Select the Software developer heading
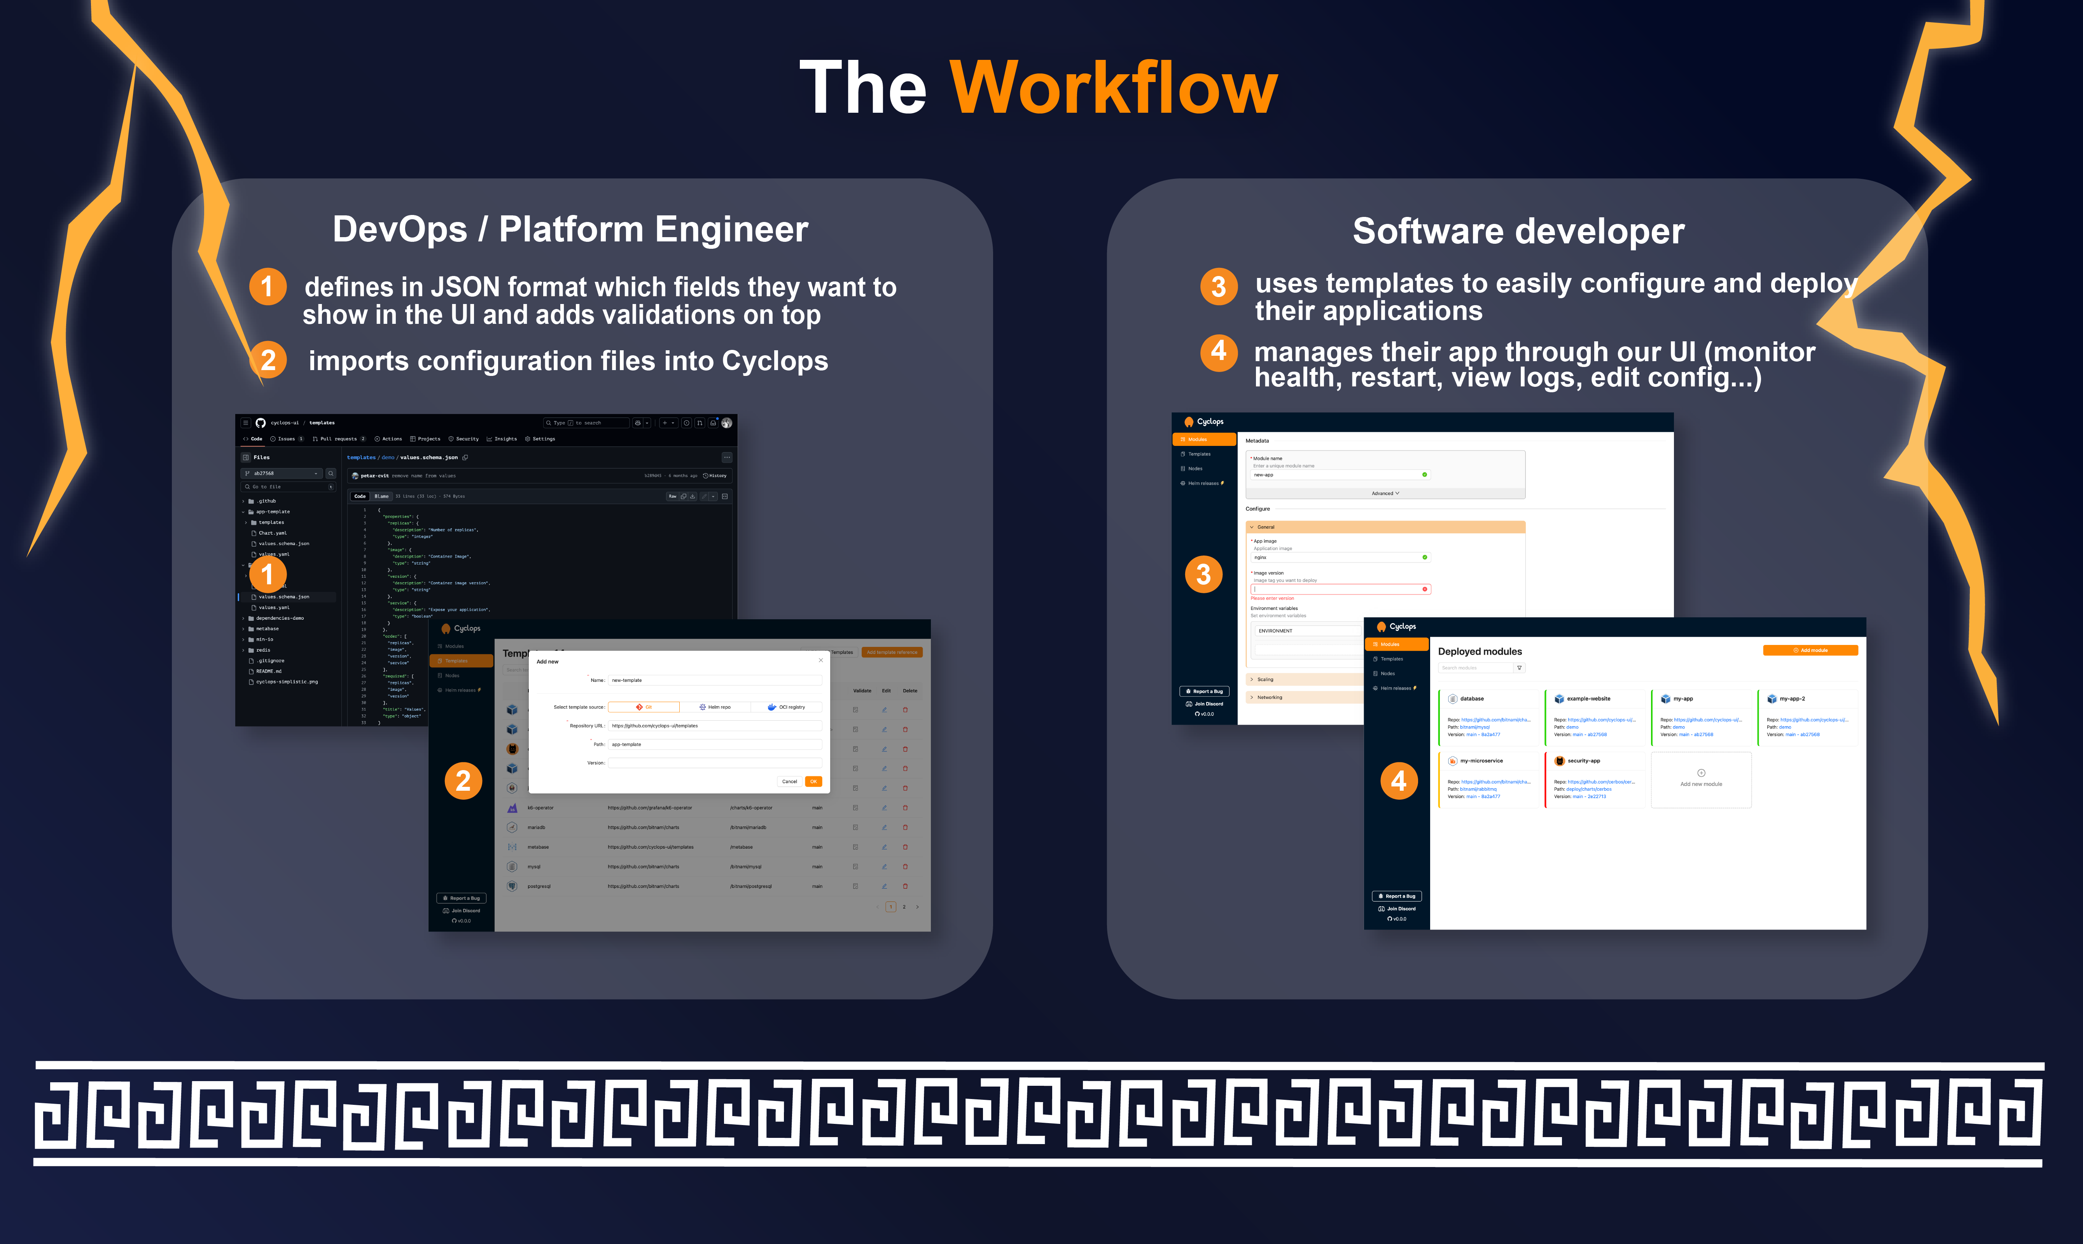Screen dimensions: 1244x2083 tap(1518, 231)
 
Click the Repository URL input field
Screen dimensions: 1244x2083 tap(714, 726)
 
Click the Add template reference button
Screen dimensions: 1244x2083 tap(892, 652)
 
